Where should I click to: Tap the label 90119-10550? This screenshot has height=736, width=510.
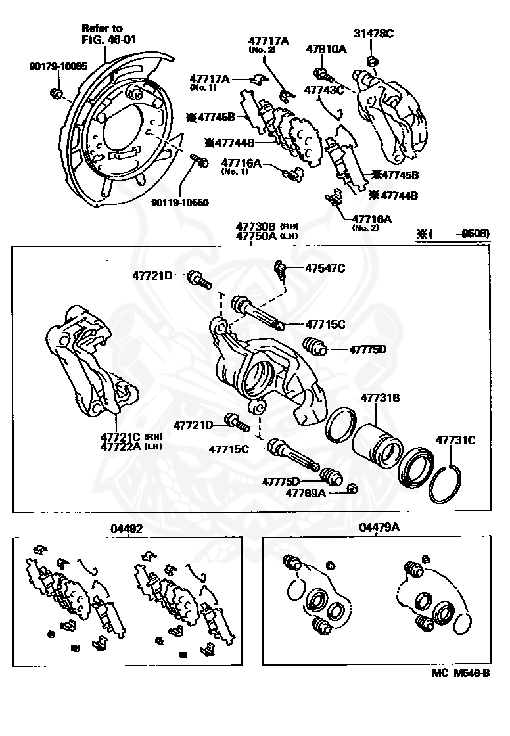pyautogui.click(x=179, y=203)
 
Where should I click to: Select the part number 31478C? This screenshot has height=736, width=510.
pyautogui.click(x=374, y=34)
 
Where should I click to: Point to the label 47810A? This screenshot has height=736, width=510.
pyautogui.click(x=326, y=50)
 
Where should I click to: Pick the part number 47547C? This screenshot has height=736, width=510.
pyautogui.click(x=325, y=267)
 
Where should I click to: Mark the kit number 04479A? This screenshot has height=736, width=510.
pyautogui.click(x=379, y=528)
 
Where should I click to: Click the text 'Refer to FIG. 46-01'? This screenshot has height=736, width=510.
pyautogui.click(x=102, y=34)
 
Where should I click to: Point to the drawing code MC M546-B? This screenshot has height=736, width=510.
pyautogui.click(x=461, y=673)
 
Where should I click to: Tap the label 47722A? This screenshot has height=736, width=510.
pyautogui.click(x=122, y=447)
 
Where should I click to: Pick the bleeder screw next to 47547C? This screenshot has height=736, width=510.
pyautogui.click(x=281, y=269)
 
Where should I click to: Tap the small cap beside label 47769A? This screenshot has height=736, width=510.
pyautogui.click(x=352, y=488)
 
